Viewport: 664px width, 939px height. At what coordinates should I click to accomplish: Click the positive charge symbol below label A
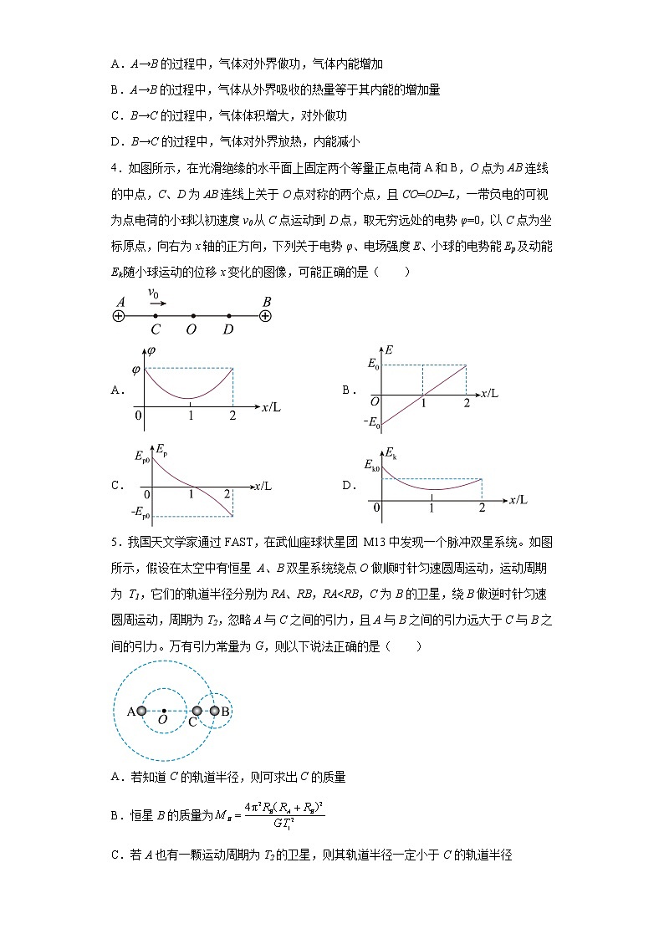click(x=118, y=316)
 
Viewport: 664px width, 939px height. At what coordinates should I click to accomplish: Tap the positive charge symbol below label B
click(x=265, y=316)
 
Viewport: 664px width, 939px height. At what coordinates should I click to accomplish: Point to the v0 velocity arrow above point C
click(x=156, y=304)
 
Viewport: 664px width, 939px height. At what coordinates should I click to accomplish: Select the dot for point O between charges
click(x=192, y=316)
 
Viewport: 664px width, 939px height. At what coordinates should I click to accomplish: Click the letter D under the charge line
click(x=228, y=329)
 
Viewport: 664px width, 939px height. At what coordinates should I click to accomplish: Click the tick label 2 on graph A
click(x=232, y=416)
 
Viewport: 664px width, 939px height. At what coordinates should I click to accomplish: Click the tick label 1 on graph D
click(x=432, y=508)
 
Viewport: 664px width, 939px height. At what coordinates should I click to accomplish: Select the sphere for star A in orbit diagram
click(x=141, y=711)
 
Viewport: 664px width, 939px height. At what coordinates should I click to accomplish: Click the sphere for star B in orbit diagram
click(x=214, y=711)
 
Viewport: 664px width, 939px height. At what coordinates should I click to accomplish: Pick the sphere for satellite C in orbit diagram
click(x=197, y=711)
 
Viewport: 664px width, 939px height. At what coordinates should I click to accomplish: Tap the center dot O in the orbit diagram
click(x=164, y=711)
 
